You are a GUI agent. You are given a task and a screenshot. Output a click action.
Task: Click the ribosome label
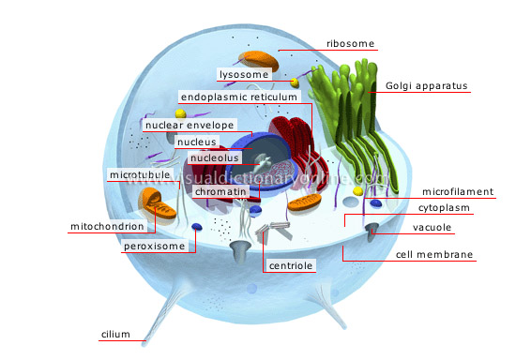[351, 43]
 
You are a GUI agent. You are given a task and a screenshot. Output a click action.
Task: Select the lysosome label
[244, 73]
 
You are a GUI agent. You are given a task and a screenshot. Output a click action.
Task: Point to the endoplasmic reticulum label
[238, 97]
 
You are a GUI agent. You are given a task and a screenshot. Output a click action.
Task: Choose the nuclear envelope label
[187, 124]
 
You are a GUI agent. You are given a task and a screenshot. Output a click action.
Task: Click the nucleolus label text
[213, 158]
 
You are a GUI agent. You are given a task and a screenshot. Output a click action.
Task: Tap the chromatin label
[220, 191]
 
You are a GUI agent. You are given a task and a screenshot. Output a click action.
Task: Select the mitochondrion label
[106, 227]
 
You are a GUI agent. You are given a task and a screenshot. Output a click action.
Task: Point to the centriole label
[288, 265]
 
